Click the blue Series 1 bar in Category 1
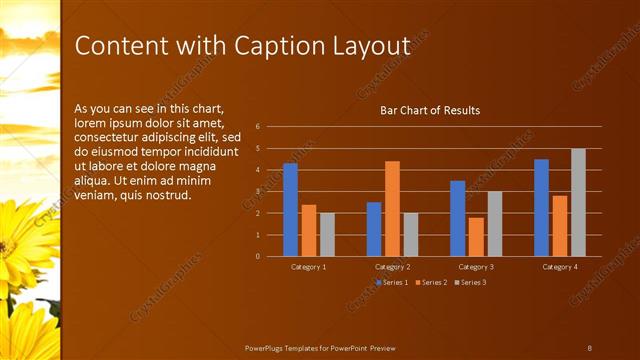290,210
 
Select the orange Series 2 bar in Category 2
392,208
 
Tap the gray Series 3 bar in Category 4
578,202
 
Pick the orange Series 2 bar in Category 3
476,237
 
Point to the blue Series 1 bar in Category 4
541,208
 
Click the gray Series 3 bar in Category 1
327,234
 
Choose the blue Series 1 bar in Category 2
374,229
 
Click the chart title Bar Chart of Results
430,110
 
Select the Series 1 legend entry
392,283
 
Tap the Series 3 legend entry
471,283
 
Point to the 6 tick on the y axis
258,127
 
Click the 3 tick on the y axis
258,192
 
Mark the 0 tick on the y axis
258,257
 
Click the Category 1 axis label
309,268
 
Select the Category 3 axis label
476,268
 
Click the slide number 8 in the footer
589,347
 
